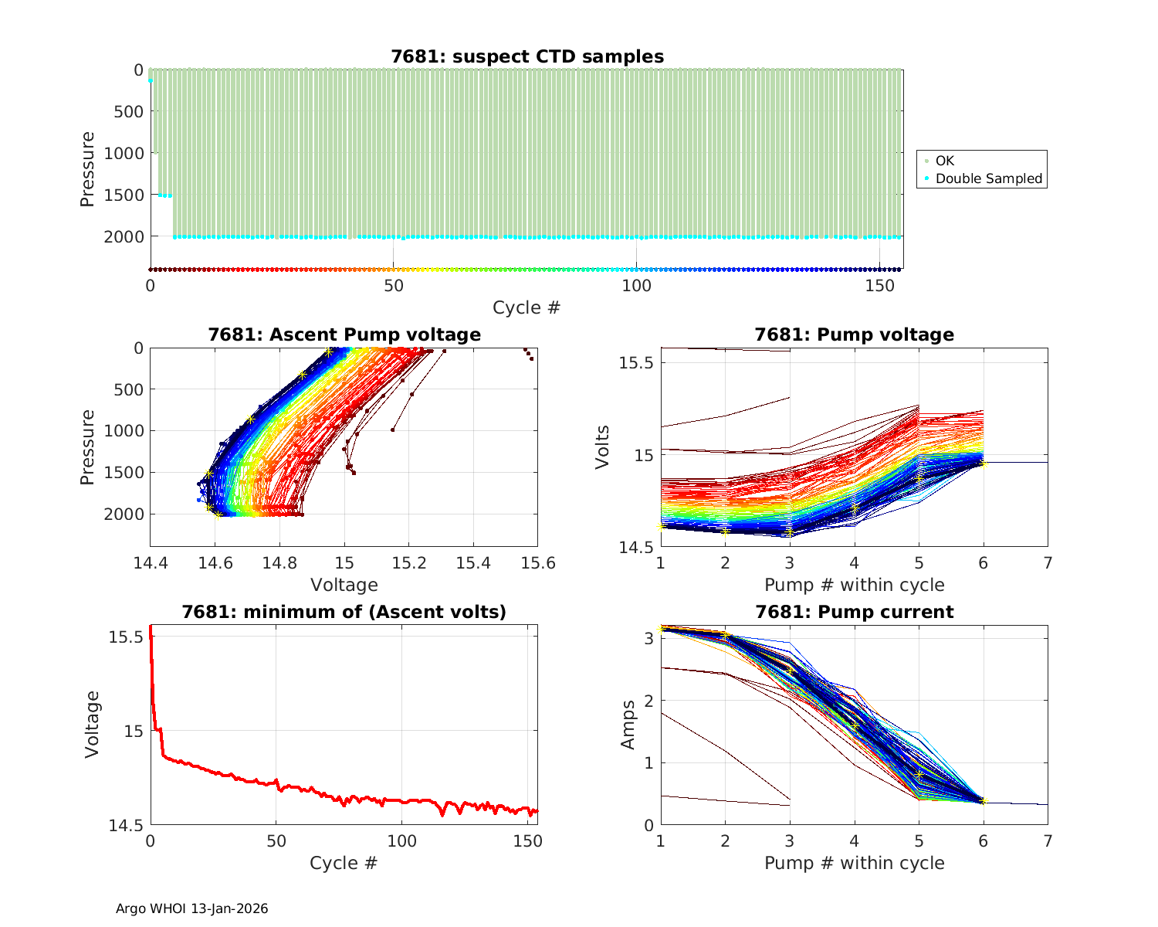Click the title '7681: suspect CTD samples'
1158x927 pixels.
click(x=527, y=56)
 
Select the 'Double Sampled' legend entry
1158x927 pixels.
click(x=988, y=178)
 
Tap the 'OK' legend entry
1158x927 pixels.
click(x=944, y=161)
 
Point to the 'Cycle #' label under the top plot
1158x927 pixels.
click(x=527, y=307)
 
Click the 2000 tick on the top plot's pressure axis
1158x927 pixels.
click(x=124, y=236)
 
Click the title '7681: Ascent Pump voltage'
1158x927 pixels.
click(x=344, y=334)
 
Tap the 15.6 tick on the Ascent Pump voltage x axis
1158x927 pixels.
click(x=538, y=563)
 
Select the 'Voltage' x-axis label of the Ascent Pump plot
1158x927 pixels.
click(x=344, y=585)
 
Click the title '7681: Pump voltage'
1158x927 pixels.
click(x=854, y=334)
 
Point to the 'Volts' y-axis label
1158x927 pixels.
click(x=603, y=447)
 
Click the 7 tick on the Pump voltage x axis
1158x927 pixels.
click(x=1048, y=563)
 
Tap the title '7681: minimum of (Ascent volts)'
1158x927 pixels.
click(x=344, y=612)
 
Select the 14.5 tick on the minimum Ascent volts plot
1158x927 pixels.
click(x=125, y=826)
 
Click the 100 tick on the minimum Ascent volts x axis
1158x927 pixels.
click(x=401, y=841)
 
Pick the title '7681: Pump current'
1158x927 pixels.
click(x=854, y=612)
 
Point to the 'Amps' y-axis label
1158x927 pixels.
click(x=628, y=725)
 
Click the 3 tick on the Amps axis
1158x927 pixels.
click(x=648, y=639)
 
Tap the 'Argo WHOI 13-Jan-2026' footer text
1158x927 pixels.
click(x=191, y=908)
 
